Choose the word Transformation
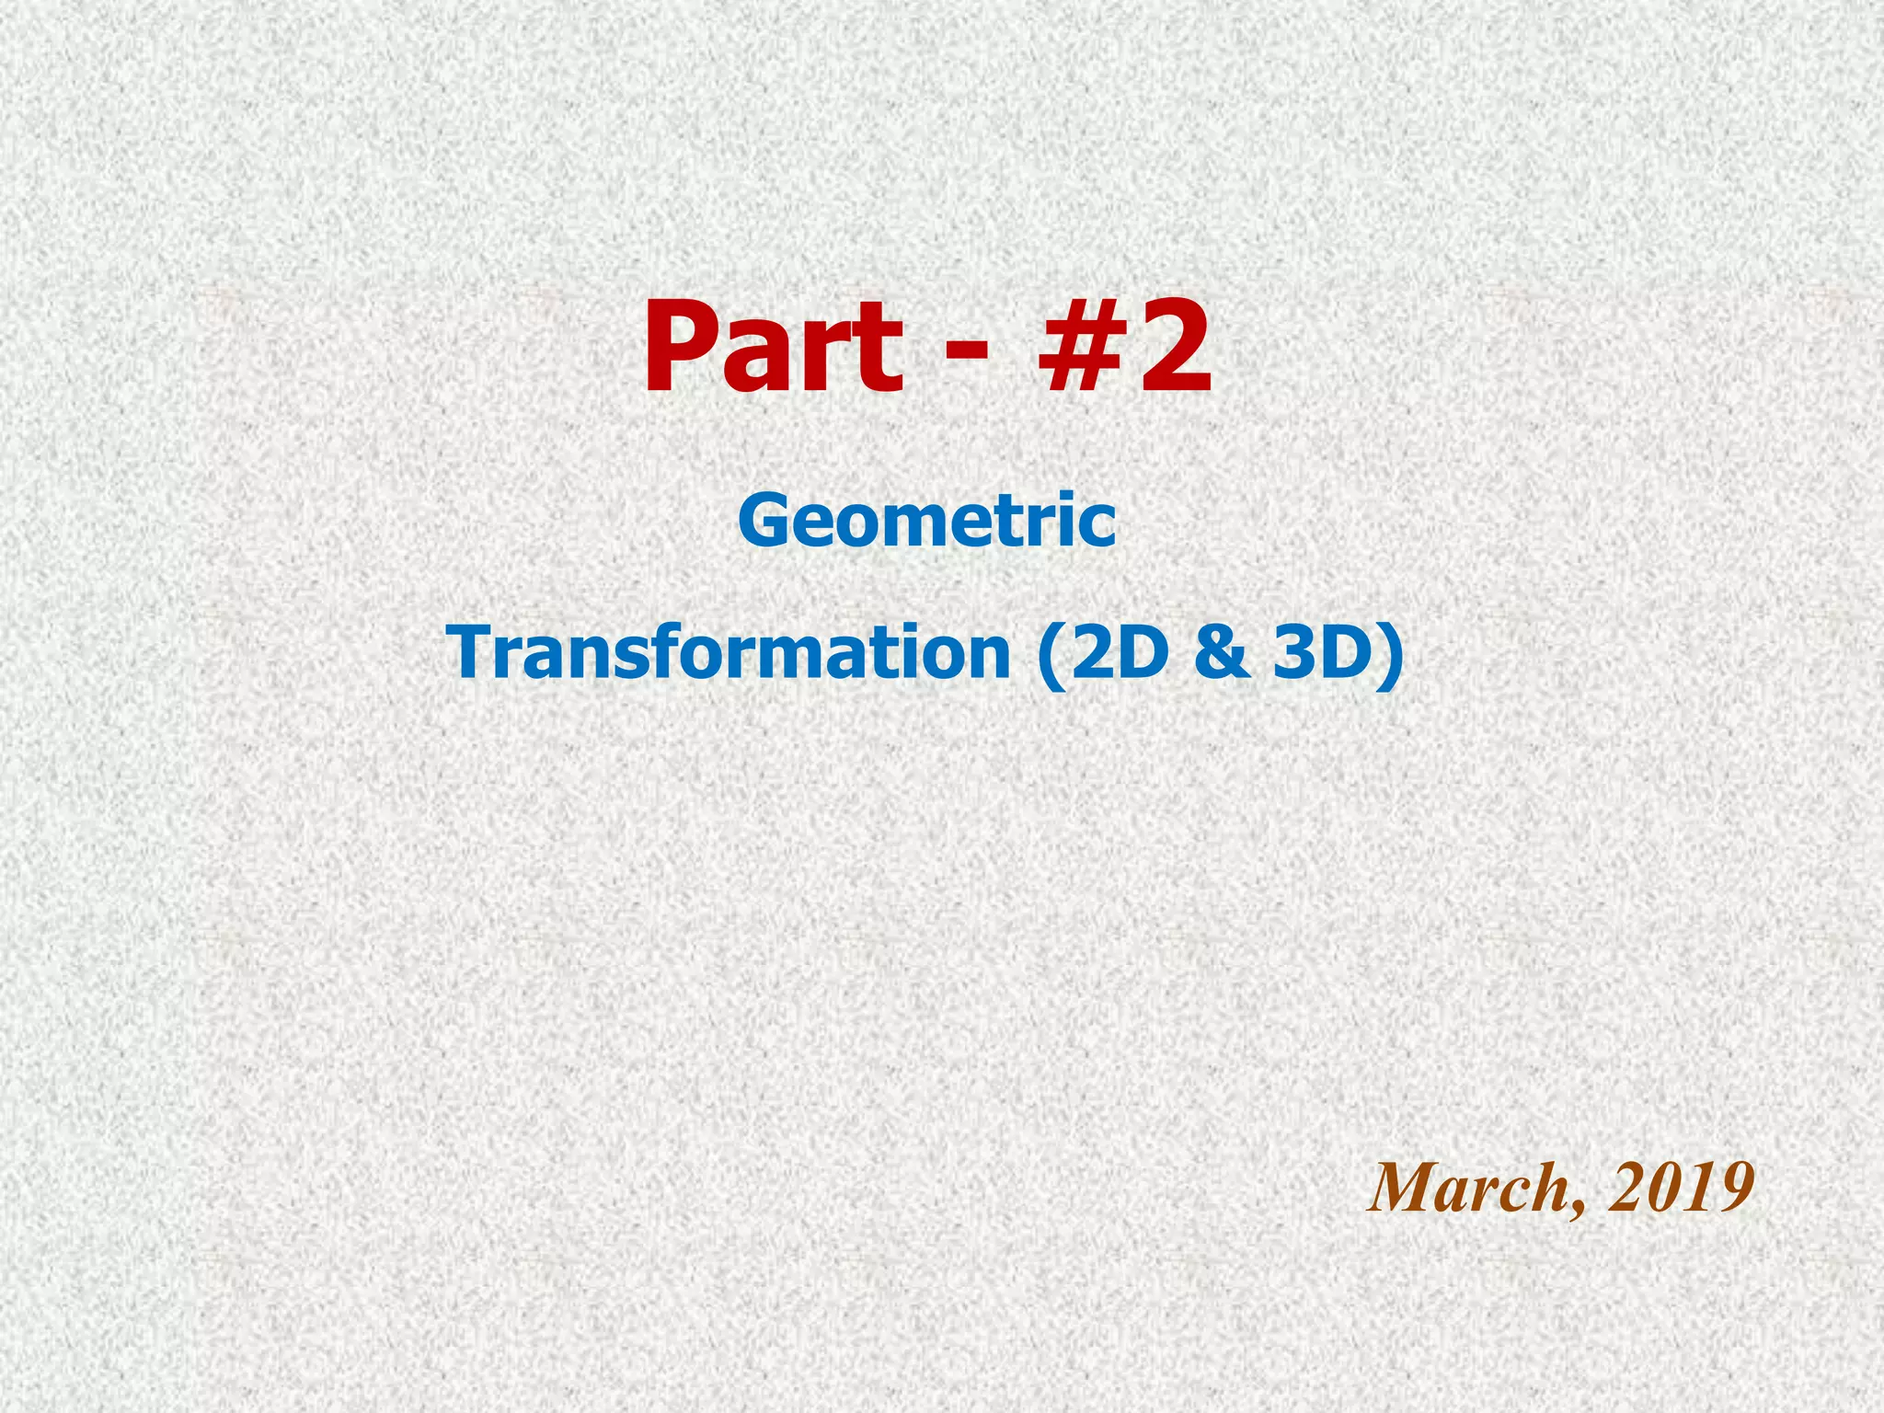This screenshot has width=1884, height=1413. point(731,650)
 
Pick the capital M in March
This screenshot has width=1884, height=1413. point(1403,1188)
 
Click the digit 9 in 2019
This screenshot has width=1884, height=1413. point(1731,1188)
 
